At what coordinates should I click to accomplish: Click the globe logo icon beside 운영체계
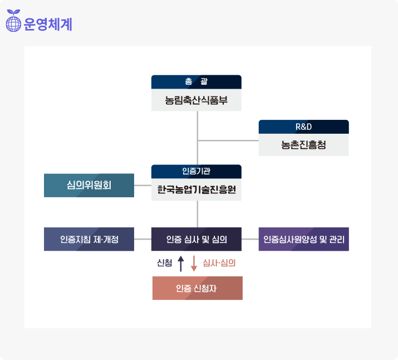click(13, 23)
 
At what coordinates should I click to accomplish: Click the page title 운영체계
click(48, 25)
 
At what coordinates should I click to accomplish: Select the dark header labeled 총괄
click(196, 82)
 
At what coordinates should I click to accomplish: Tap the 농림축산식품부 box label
click(196, 100)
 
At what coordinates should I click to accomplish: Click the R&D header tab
click(303, 127)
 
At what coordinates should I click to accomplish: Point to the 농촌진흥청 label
click(303, 145)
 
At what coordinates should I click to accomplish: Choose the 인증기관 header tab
click(196, 171)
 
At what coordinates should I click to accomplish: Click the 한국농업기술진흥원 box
click(196, 189)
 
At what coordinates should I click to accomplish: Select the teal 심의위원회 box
click(89, 185)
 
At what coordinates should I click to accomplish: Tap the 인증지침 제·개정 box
click(89, 239)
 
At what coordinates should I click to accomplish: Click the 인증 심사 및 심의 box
click(196, 239)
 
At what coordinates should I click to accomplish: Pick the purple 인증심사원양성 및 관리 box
click(303, 239)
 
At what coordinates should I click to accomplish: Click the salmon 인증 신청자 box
click(197, 288)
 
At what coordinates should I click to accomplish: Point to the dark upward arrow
click(180, 264)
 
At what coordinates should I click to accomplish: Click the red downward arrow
click(194, 264)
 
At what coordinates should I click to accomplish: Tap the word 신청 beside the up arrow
click(165, 264)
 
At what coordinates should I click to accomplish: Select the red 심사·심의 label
click(219, 264)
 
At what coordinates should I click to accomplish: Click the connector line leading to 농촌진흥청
click(228, 140)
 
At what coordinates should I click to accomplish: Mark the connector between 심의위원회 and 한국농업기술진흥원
click(143, 185)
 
